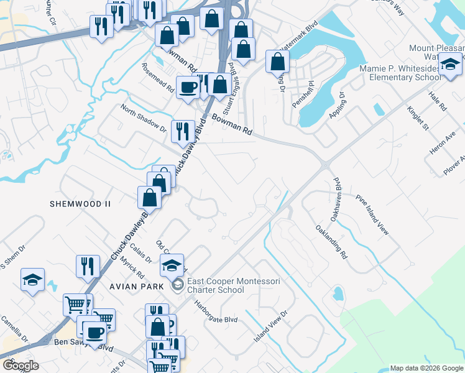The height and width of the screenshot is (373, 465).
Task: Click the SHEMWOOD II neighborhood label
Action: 81,204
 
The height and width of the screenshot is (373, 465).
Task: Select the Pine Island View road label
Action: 372,214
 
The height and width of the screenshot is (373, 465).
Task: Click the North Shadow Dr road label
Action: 144,119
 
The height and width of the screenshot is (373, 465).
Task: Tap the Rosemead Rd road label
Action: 157,77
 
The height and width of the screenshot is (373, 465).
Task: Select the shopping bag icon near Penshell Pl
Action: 277,62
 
